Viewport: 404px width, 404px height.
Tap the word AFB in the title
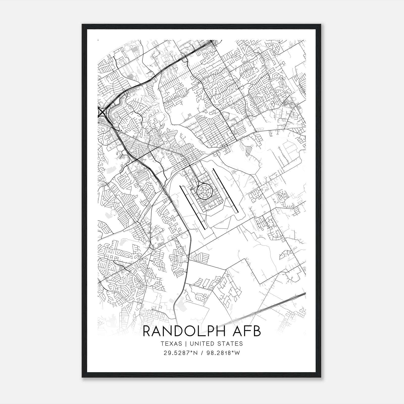[x=247, y=331]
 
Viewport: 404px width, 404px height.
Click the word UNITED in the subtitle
[x=201, y=344]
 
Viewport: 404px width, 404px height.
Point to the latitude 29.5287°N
[x=180, y=353]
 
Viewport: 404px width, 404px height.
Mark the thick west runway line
[x=192, y=207]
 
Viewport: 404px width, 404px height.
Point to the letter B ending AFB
[x=257, y=331]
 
